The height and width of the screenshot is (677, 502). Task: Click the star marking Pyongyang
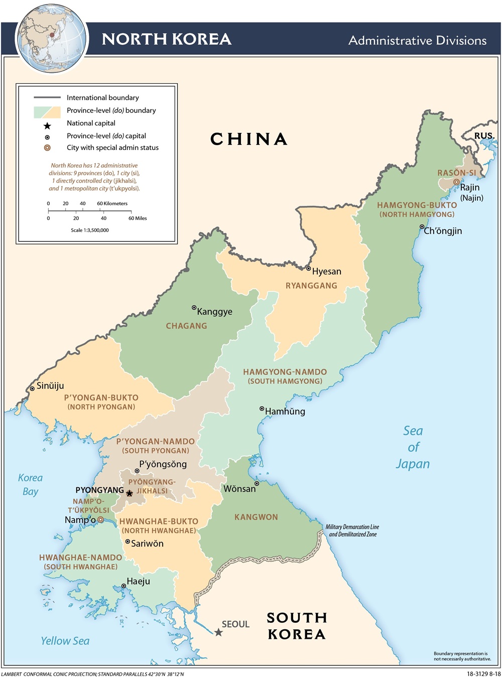pyautogui.click(x=129, y=494)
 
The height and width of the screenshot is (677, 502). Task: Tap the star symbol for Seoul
pyautogui.click(x=218, y=632)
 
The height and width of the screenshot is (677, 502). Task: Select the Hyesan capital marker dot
pyautogui.click(x=309, y=268)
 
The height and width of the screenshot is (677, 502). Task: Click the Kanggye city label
pyautogui.click(x=214, y=312)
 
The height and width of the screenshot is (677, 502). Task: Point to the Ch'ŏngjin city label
pyautogui.click(x=443, y=231)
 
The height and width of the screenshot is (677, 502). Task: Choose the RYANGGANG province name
pyautogui.click(x=311, y=286)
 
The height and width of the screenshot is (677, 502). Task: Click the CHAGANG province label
pyautogui.click(x=186, y=326)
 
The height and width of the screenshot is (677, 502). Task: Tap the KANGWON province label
pyautogui.click(x=256, y=517)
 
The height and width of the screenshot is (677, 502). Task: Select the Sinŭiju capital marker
pyautogui.click(x=32, y=388)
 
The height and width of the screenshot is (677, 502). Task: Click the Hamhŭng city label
pyautogui.click(x=285, y=412)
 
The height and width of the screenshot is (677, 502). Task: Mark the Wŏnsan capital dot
pyautogui.click(x=257, y=484)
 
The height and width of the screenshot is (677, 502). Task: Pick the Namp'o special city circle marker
pyautogui.click(x=100, y=520)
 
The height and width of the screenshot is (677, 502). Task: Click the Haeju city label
pyautogui.click(x=138, y=581)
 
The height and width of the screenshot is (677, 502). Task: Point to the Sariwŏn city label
pyautogui.click(x=147, y=544)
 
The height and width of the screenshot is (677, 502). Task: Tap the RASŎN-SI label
pyautogui.click(x=456, y=173)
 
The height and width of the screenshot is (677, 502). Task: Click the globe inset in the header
pyautogui.click(x=51, y=39)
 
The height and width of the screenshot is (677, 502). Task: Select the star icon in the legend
pyautogui.click(x=47, y=126)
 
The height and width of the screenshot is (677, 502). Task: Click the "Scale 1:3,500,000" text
pyautogui.click(x=90, y=230)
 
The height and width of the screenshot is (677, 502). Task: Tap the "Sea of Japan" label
pyautogui.click(x=413, y=447)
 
